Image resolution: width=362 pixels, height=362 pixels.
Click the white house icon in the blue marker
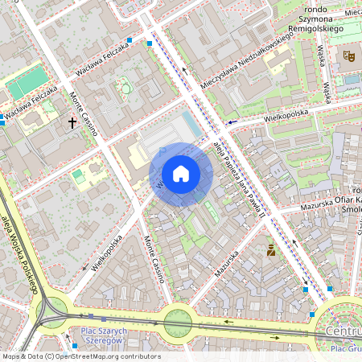click(181, 174)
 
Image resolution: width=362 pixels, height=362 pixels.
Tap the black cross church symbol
click(72, 123)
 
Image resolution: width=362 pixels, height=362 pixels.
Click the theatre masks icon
click(349, 56)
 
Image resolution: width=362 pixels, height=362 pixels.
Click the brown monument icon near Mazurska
click(271, 250)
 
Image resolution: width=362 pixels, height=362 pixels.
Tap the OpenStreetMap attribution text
click(80, 356)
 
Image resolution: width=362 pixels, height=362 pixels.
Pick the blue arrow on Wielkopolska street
click(231, 123)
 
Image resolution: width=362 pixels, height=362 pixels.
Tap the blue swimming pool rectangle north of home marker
click(190, 125)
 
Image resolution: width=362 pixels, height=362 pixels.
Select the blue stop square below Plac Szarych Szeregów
click(74, 346)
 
